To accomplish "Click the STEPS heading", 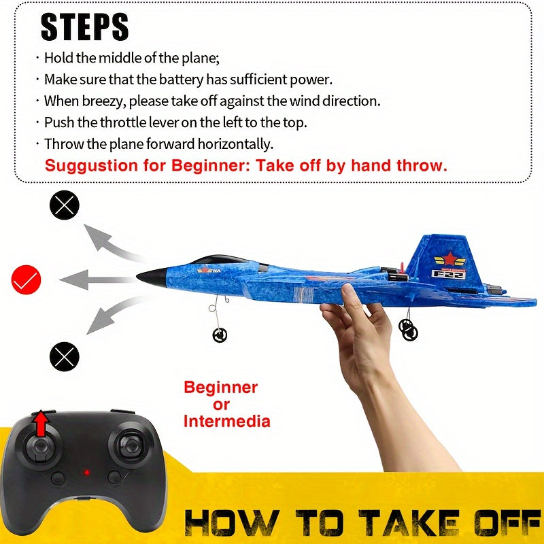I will (84, 27).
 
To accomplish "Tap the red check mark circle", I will (27, 278).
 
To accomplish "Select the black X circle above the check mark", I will (65, 205).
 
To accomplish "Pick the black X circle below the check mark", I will (65, 356).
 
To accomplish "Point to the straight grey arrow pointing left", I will (95, 279).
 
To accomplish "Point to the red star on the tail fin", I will (450, 258).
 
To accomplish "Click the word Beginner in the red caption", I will (221, 388).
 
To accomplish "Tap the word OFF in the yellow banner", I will (492, 522).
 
